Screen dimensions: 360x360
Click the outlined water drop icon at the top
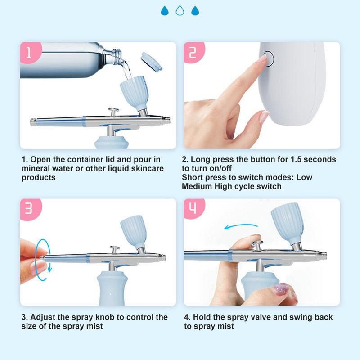[180, 10]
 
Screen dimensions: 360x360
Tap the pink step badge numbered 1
[31, 52]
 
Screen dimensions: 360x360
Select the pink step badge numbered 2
[194, 52]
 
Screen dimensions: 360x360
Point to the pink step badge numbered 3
[31, 209]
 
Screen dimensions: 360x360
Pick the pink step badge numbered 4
[194, 208]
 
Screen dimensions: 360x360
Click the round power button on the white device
[268, 58]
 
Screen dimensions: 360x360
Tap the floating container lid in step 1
[152, 61]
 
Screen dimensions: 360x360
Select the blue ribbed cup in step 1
[135, 92]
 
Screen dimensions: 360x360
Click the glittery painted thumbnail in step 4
[279, 289]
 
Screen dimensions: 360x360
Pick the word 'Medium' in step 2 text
[197, 186]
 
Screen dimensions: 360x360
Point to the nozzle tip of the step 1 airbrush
[168, 120]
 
